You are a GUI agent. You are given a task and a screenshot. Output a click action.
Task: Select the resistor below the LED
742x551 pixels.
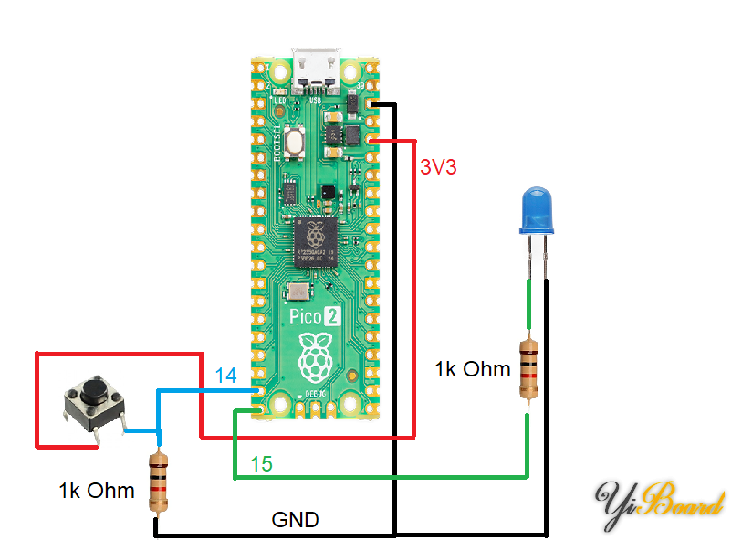tap(528, 369)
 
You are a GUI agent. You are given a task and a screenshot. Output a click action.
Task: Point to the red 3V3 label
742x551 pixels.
tap(439, 168)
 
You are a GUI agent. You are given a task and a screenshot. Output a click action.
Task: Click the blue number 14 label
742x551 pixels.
tap(225, 375)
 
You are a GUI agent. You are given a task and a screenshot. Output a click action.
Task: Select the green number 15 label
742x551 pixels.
tap(261, 464)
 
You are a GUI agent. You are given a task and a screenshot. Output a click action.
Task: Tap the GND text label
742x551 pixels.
tap(295, 521)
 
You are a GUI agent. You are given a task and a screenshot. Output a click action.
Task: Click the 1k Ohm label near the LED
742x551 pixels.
tap(472, 369)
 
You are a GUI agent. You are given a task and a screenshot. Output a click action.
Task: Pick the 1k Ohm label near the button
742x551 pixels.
tap(97, 491)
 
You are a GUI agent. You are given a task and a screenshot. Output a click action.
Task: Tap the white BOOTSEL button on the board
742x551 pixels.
tap(294, 141)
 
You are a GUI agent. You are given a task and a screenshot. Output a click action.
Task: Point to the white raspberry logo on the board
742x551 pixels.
tap(315, 357)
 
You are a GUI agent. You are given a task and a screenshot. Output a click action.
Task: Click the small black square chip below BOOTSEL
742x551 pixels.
tap(290, 192)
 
